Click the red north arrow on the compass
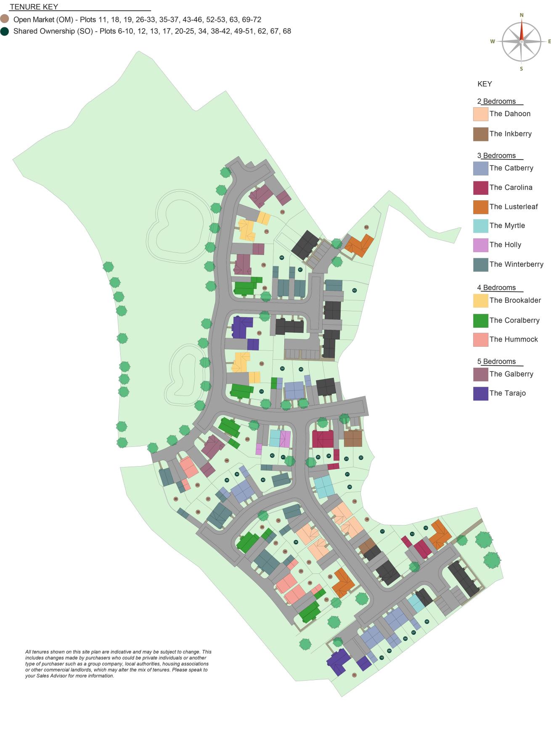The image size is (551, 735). (x=522, y=31)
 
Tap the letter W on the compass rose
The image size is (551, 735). (x=493, y=41)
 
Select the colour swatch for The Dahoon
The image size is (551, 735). (x=480, y=114)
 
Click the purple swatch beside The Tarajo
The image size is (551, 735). (x=480, y=393)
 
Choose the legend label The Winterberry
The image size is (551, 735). (x=516, y=264)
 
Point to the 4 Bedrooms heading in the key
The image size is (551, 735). (x=496, y=288)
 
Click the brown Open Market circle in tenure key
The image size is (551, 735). (x=5, y=19)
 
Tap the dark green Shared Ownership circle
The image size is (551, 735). (x=5, y=31)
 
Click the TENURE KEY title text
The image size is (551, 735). (x=34, y=7)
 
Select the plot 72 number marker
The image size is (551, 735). (x=282, y=212)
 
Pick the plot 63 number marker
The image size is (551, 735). (x=366, y=227)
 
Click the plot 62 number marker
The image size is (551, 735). (x=355, y=290)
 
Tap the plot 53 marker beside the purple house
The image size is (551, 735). (x=259, y=333)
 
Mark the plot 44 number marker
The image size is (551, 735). (x=227, y=460)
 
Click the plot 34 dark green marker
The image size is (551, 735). (x=296, y=542)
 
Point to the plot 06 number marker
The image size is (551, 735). (x=427, y=621)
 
